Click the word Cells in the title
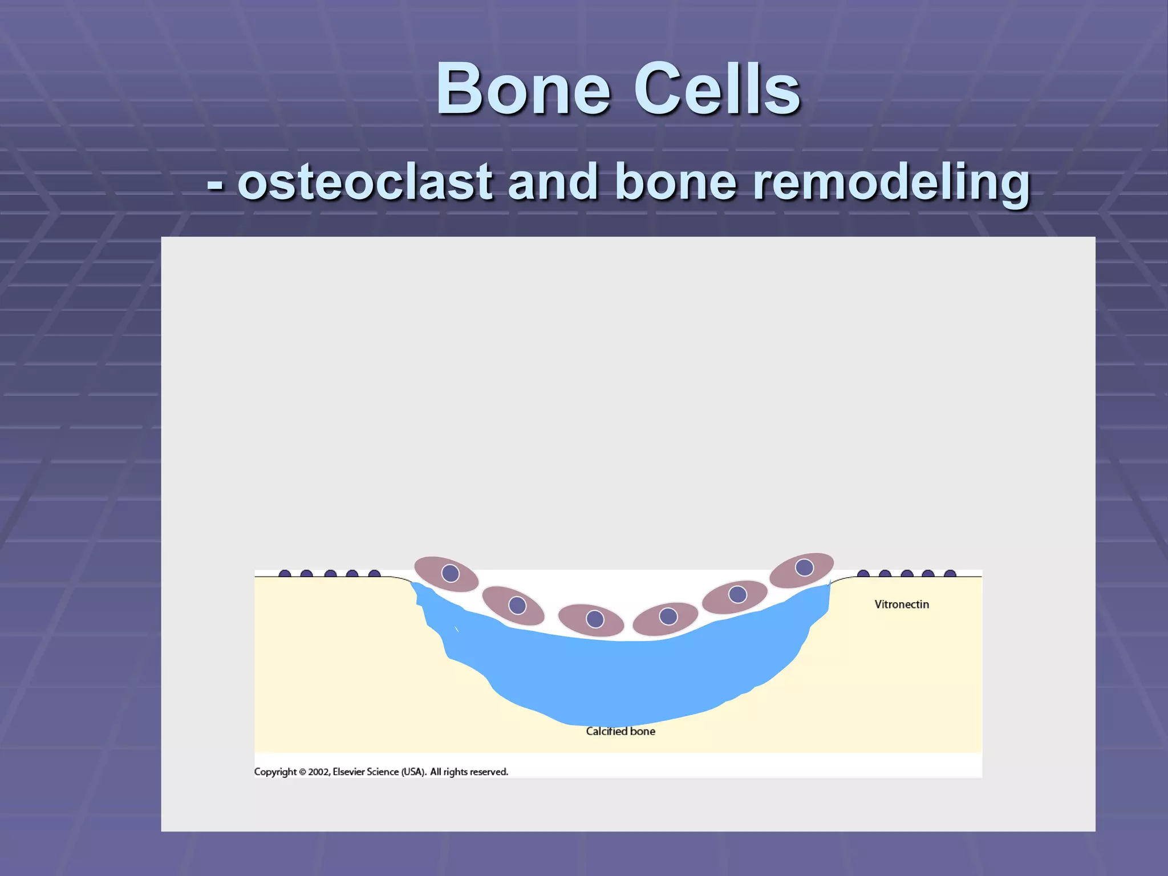coord(717,90)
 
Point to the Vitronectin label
coord(901,605)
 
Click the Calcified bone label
coord(620,732)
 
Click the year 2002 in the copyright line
coord(318,772)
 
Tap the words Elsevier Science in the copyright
coord(366,772)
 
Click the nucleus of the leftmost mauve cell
coord(451,573)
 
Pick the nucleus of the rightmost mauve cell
coord(804,567)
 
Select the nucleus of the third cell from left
coord(595,619)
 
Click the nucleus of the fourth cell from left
coord(668,617)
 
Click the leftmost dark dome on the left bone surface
coord(285,574)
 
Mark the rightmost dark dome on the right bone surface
coord(950,574)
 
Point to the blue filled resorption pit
coord(622,679)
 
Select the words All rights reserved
coord(469,772)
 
